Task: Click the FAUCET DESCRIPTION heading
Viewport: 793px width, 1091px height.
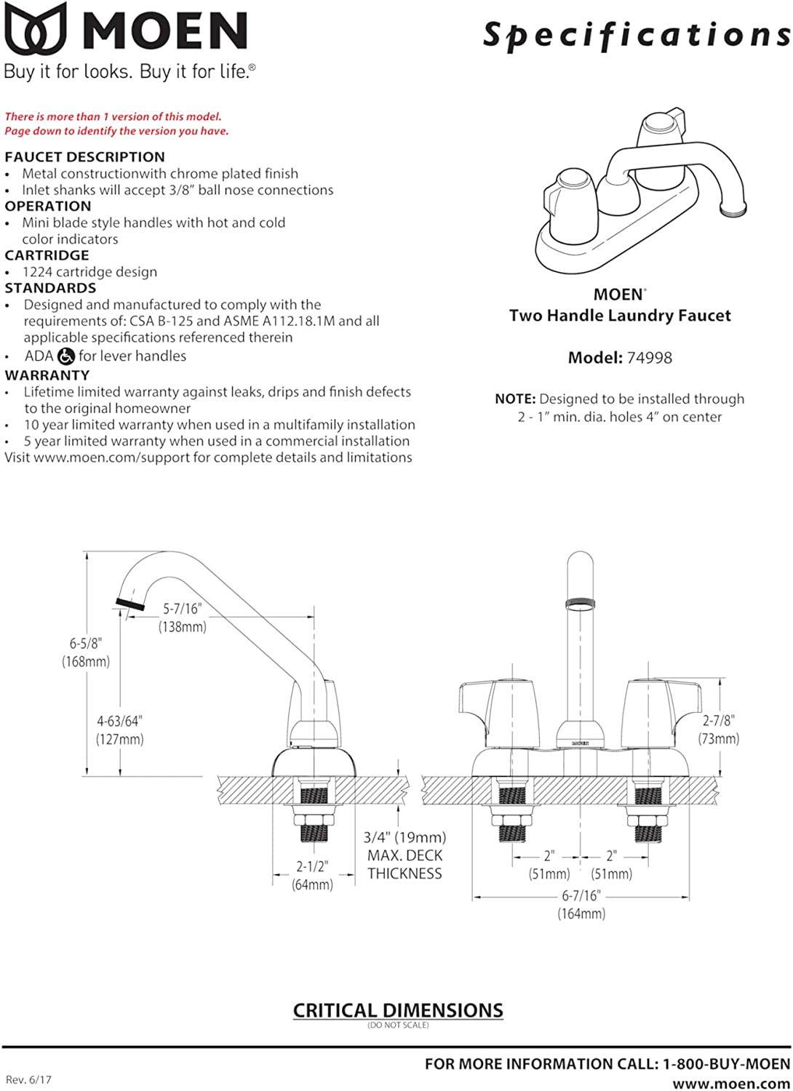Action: (84, 157)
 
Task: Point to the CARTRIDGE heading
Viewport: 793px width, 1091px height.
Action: (47, 255)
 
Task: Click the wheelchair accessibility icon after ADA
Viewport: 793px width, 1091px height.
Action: (66, 356)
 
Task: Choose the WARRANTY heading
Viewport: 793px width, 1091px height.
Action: (47, 375)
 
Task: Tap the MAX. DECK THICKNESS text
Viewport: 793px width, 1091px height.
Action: (405, 865)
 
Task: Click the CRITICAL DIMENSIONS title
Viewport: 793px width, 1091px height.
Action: (397, 1010)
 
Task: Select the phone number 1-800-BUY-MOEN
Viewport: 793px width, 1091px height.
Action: (726, 1064)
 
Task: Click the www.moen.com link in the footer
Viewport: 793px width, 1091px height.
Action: (731, 1084)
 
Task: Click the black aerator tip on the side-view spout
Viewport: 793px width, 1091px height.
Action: (129, 604)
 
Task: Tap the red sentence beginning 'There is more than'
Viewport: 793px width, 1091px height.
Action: (113, 116)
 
